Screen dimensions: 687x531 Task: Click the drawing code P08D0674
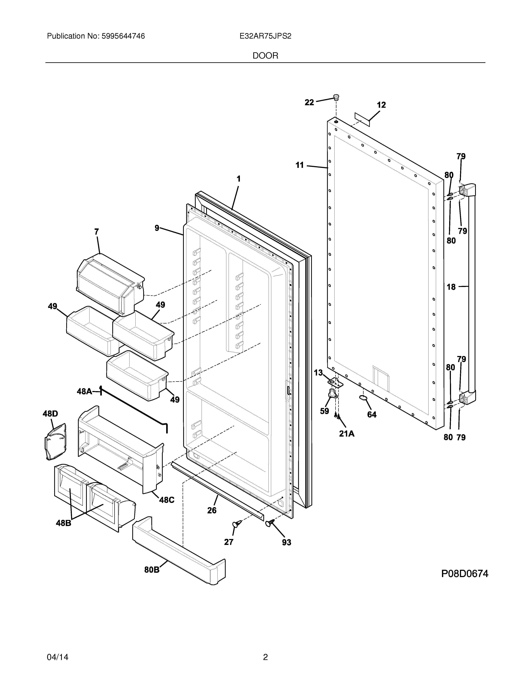[x=465, y=574]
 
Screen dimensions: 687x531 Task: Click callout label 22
[x=309, y=102]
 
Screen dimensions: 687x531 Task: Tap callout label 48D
[x=50, y=414]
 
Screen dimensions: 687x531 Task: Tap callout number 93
[x=286, y=542]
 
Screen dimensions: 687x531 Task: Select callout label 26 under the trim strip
[x=212, y=510]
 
